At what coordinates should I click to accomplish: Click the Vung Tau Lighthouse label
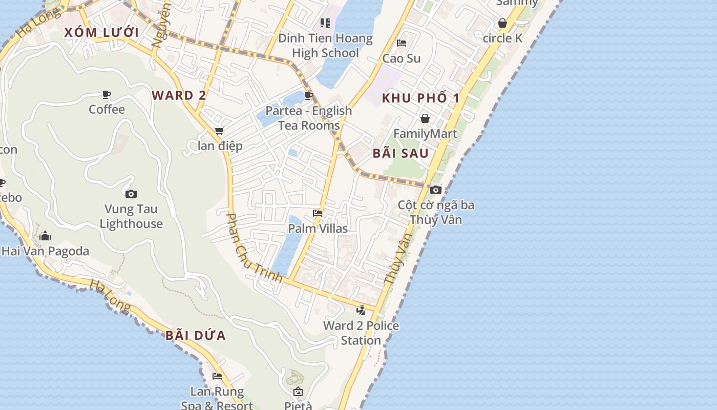131,216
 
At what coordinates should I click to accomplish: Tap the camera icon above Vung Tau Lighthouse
131,194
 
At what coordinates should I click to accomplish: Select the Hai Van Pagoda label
46,251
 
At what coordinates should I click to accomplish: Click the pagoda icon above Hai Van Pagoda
45,236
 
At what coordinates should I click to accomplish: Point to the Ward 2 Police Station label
361,333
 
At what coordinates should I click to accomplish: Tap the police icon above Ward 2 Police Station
361,310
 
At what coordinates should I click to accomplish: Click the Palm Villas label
318,229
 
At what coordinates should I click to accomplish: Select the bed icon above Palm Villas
318,213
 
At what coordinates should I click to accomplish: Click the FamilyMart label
425,134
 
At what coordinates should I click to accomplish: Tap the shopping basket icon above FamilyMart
425,119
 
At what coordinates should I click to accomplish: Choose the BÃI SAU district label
400,153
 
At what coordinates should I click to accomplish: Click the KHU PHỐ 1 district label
421,98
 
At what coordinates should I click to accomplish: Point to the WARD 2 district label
179,95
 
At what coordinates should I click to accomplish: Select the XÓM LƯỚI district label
101,32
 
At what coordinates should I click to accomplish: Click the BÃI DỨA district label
196,336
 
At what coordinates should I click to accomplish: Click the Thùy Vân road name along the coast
397,259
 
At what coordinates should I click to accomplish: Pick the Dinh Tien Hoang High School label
325,46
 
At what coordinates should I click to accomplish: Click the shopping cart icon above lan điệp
220,131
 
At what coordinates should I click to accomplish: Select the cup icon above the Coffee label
107,94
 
